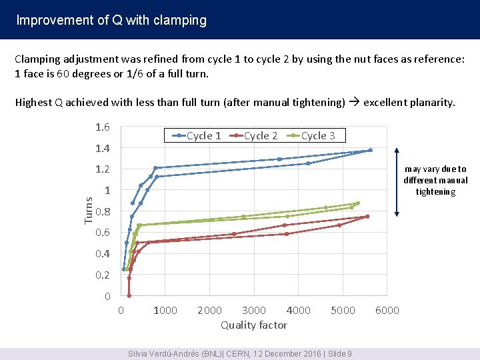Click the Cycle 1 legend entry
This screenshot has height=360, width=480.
click(197, 135)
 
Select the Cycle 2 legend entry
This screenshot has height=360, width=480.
click(253, 135)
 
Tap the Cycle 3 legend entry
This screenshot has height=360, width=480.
click(311, 135)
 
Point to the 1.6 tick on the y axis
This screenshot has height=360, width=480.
click(103, 127)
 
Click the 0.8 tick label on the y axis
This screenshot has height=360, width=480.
click(103, 211)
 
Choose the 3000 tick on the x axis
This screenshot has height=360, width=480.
click(254, 311)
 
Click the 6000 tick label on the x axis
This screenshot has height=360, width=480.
click(387, 311)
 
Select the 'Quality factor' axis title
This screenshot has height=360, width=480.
click(254, 325)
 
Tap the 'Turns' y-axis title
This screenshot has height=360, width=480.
click(88, 211)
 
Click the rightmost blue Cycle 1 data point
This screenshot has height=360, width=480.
click(371, 150)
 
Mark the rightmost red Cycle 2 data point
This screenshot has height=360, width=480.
click(367, 217)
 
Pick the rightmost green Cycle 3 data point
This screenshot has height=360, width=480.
click(358, 203)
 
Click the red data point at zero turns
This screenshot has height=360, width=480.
click(129, 296)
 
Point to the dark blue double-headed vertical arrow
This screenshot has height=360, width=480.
click(397, 183)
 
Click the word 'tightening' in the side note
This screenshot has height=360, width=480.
click(435, 192)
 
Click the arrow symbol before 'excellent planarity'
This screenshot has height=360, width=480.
click(354, 101)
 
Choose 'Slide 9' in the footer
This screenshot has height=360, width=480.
click(340, 354)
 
